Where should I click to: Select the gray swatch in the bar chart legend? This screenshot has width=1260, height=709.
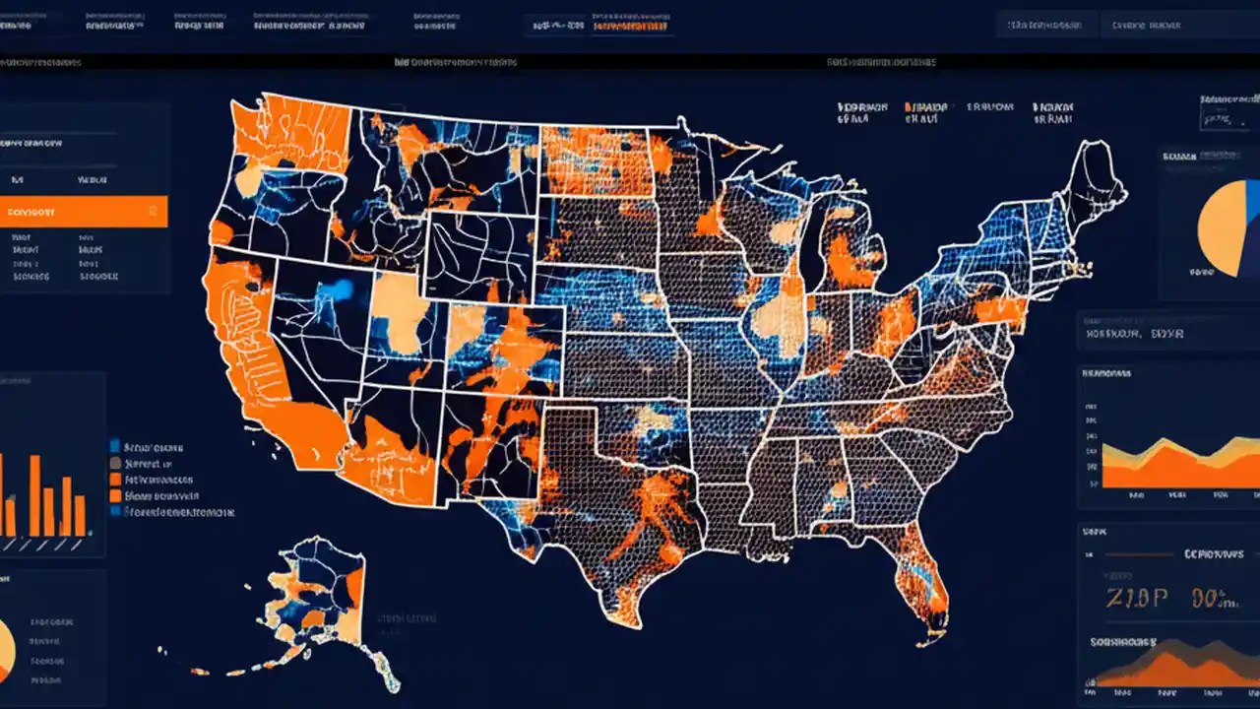click(x=115, y=462)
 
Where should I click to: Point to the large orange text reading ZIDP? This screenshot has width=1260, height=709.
click(x=1137, y=598)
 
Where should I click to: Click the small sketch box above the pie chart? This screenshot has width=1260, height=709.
click(x=1217, y=120)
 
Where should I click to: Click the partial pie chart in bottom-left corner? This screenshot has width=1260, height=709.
click(x=5, y=645)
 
